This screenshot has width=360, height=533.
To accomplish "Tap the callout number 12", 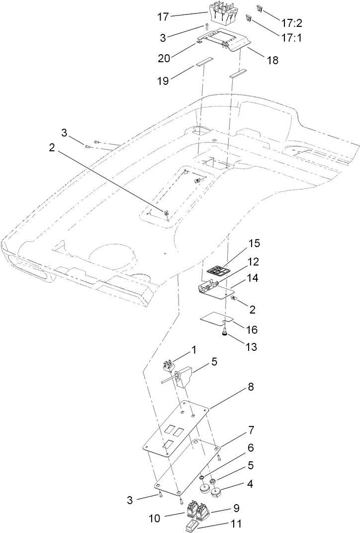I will (255, 262).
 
